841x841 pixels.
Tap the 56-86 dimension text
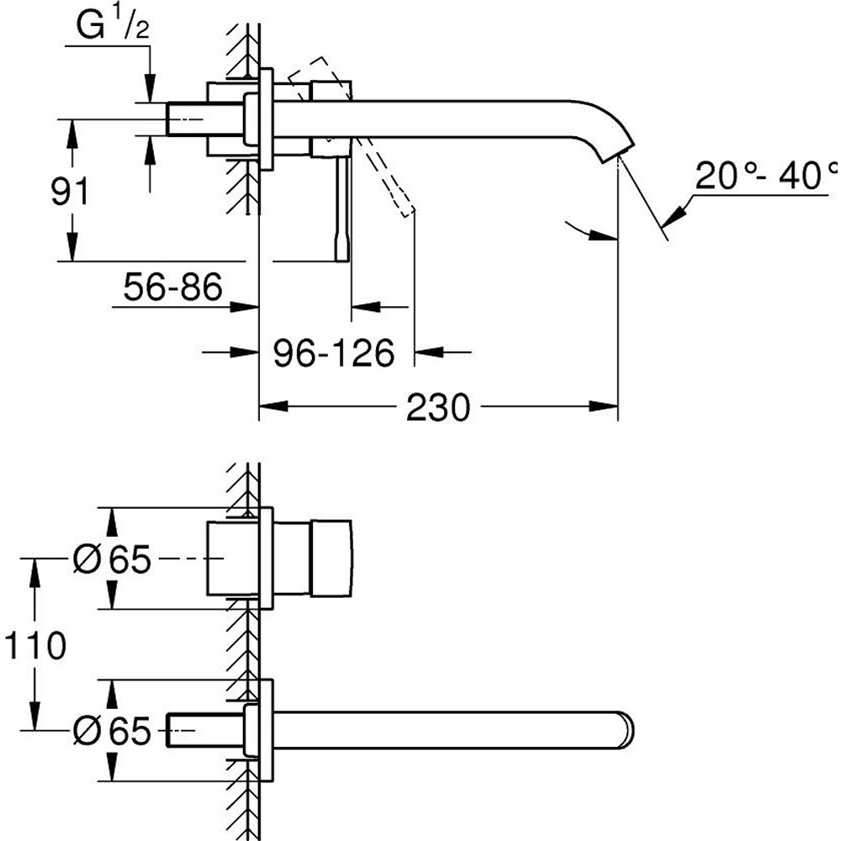pyautogui.click(x=172, y=288)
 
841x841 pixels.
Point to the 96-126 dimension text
pyautogui.click(x=334, y=353)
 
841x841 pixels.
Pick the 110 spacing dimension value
pyautogui.click(x=34, y=646)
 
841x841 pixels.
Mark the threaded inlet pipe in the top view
pyautogui.click(x=189, y=118)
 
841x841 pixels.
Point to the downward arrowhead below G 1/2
pyautogui.click(x=150, y=88)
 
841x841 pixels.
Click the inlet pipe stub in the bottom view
pyautogui.click(x=188, y=729)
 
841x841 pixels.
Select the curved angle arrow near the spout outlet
pyautogui.click(x=589, y=234)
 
